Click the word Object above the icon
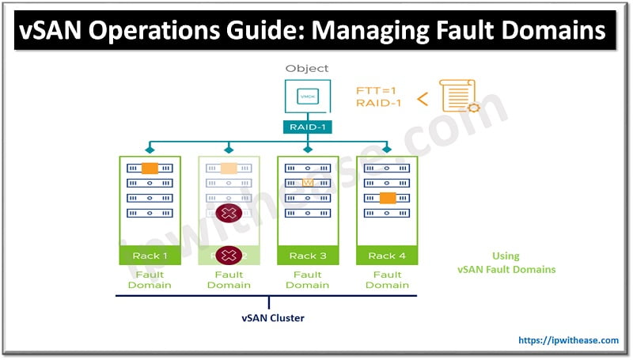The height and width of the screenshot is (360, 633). pyautogui.click(x=307, y=69)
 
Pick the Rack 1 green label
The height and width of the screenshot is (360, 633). pyautogui.click(x=150, y=255)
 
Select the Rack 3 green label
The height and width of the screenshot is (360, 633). pyautogui.click(x=307, y=255)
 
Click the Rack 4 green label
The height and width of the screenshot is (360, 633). pyautogui.click(x=386, y=255)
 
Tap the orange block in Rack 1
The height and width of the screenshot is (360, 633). pyautogui.click(x=150, y=169)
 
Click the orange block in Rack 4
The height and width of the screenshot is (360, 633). pyautogui.click(x=387, y=199)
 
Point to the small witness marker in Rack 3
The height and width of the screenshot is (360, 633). pyautogui.click(x=308, y=184)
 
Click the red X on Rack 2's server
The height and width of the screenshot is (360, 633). pyautogui.click(x=229, y=213)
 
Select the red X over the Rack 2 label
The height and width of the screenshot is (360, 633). pyautogui.click(x=229, y=255)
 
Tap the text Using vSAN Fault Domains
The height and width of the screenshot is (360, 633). pyautogui.click(x=506, y=263)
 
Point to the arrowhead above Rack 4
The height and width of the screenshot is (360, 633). pyautogui.click(x=387, y=149)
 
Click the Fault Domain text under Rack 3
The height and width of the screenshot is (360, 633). pyautogui.click(x=307, y=279)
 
